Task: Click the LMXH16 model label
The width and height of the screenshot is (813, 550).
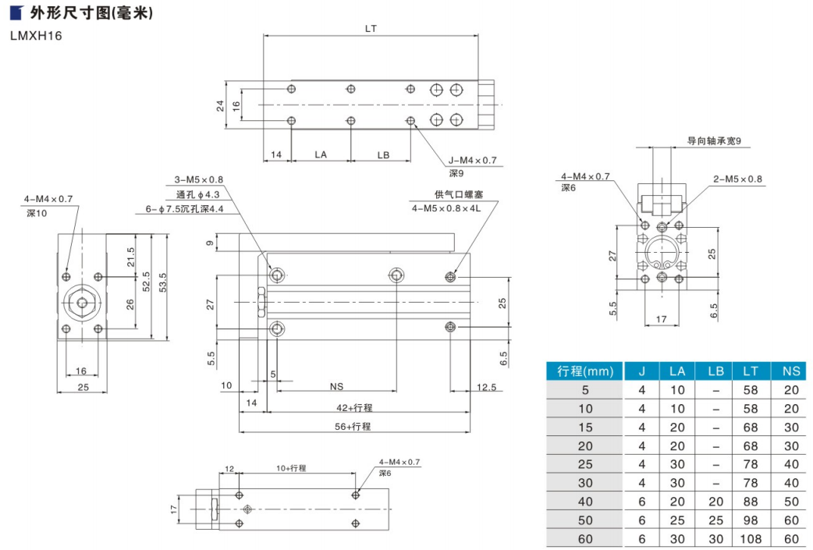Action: pyautogui.click(x=36, y=35)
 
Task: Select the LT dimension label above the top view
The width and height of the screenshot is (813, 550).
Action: pyautogui.click(x=371, y=28)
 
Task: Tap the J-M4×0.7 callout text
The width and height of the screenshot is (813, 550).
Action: pyautogui.click(x=473, y=161)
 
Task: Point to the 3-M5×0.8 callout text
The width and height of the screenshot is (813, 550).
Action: pyautogui.click(x=199, y=179)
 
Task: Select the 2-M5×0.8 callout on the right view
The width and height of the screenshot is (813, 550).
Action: pyautogui.click(x=737, y=179)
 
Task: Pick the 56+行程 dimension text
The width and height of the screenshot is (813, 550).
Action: pyautogui.click(x=354, y=426)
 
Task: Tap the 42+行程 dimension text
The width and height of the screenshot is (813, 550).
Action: pyautogui.click(x=354, y=407)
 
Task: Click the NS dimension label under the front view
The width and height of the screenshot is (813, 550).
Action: pyautogui.click(x=337, y=386)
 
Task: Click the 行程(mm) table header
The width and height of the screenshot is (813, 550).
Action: pyautogui.click(x=585, y=370)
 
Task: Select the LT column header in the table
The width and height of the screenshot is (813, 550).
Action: pyautogui.click(x=750, y=370)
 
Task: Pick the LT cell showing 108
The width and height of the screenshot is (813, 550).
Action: pyautogui.click(x=750, y=539)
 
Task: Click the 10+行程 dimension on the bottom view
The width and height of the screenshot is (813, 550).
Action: pyautogui.click(x=293, y=468)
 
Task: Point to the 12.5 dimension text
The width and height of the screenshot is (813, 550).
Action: pyautogui.click(x=487, y=386)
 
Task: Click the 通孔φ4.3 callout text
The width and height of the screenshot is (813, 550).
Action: pyautogui.click(x=198, y=193)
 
